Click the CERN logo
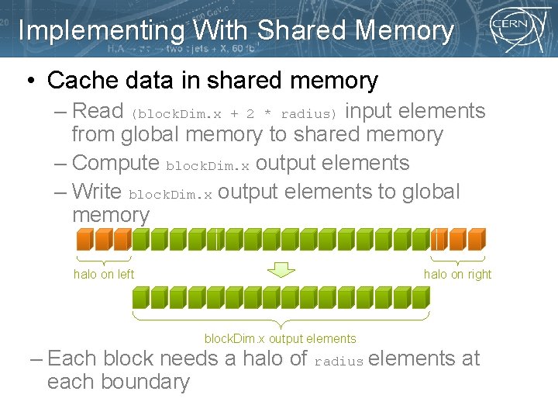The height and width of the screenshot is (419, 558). point(513,29)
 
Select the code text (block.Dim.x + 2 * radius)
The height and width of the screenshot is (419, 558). point(234,113)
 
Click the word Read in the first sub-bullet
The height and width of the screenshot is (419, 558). point(98,111)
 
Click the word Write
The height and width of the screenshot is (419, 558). point(97,192)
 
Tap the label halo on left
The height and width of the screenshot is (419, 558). point(104,274)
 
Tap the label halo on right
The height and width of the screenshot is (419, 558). point(457,274)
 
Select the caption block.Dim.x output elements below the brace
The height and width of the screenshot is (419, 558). point(280,338)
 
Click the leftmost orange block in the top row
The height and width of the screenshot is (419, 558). point(81,239)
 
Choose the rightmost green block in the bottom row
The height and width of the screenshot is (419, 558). point(419,297)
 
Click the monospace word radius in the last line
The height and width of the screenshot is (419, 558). point(339,362)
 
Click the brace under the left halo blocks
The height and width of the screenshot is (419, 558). point(104,258)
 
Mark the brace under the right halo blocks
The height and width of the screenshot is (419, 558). point(458,258)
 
